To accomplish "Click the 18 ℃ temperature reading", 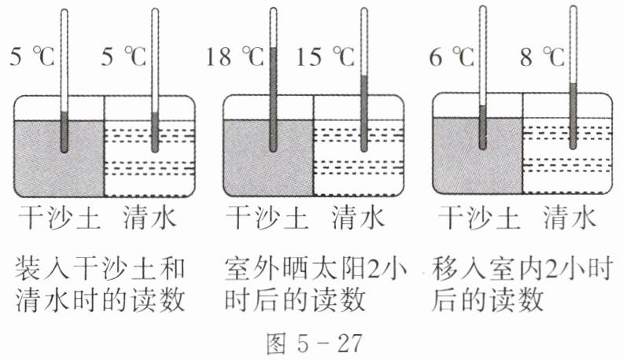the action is coord(234,57).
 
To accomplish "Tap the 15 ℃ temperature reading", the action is coord(324,57).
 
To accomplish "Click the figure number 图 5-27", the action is coord(311,342).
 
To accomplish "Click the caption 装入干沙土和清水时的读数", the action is coord(100,285).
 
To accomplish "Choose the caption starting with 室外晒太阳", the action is coord(312,285).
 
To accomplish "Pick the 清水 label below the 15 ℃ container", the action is coord(359,219).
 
